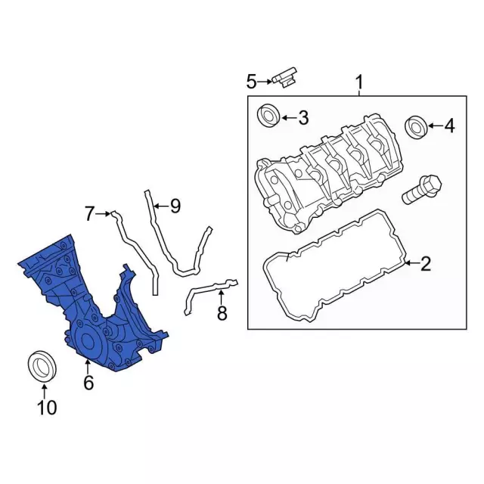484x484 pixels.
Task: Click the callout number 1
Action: [x=359, y=82]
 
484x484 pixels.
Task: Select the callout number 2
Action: [x=426, y=264]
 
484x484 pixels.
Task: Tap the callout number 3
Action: [x=304, y=118]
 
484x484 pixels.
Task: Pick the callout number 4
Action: [x=449, y=126]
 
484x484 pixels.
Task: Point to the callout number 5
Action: [x=252, y=82]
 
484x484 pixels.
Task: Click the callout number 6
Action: [x=88, y=383]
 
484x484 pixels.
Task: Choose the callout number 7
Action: [x=89, y=213]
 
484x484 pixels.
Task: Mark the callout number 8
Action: [x=222, y=313]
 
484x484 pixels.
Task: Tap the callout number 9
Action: [x=175, y=206]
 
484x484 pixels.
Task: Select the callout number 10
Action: [x=47, y=408]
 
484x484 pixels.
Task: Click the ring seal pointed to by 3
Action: [x=268, y=115]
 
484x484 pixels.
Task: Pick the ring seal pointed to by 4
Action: [x=416, y=127]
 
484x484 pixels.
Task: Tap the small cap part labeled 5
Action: [x=284, y=77]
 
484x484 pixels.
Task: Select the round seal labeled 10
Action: [x=42, y=366]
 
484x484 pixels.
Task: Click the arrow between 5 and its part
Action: [x=265, y=82]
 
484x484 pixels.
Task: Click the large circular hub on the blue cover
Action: [x=88, y=342]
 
